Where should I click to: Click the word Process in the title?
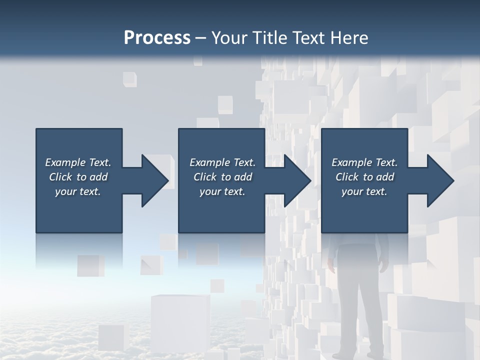[157, 38]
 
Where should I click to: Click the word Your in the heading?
[230, 38]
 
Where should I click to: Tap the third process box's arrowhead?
[439, 180]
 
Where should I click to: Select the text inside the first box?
[78, 177]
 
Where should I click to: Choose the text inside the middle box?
[222, 177]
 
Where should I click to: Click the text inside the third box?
[364, 177]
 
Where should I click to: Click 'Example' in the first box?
[65, 162]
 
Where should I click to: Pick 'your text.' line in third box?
[364, 191]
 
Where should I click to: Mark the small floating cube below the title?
[129, 79]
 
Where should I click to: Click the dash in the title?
[200, 38]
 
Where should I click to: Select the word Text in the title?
[309, 38]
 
